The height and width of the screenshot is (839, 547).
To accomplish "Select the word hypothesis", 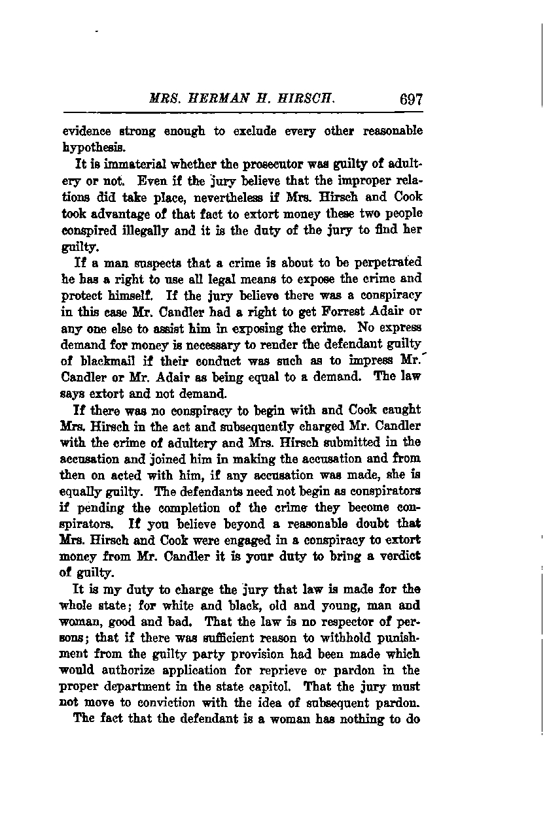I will [92, 147].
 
